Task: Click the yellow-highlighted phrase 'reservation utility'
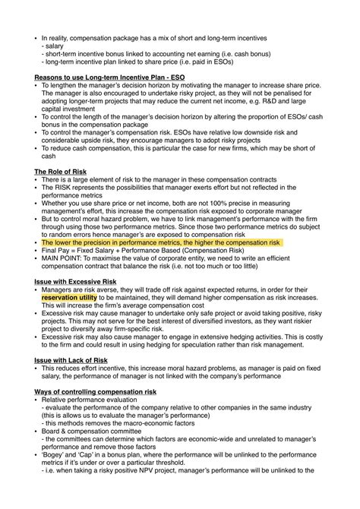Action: [x=69, y=298]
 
